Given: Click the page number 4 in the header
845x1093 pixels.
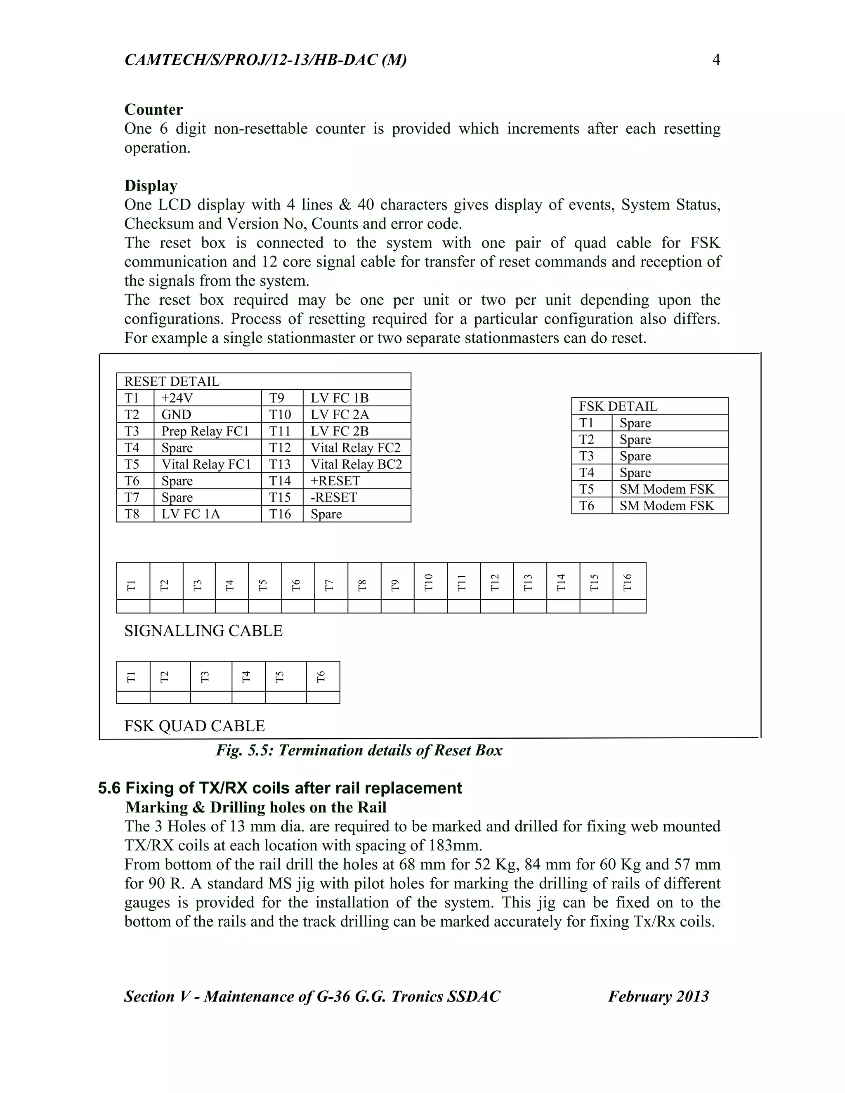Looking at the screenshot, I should [716, 60].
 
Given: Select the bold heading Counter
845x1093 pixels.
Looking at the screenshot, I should [153, 110].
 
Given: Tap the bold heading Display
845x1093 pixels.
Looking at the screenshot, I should [151, 186].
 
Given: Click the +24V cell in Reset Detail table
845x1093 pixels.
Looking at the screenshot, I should [177, 398].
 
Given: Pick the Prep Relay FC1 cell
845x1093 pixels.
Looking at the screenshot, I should [205, 431].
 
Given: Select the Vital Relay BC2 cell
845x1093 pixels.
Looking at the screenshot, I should [356, 464].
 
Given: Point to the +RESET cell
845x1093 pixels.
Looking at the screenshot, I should [335, 481].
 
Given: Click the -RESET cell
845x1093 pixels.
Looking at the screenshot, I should [333, 497].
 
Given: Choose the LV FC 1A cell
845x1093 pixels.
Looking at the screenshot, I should [190, 514].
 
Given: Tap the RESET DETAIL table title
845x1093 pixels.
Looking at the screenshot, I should [172, 382].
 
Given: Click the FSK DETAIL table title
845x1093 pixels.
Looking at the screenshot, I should [618, 406].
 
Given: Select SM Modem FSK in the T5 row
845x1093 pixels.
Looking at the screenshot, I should [666, 489].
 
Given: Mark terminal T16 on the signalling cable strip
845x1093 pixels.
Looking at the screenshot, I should [628, 582].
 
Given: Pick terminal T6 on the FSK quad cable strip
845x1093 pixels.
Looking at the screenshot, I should [322, 676].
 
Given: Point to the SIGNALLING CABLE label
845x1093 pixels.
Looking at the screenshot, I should [203, 631].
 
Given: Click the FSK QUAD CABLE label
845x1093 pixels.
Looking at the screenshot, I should [194, 726].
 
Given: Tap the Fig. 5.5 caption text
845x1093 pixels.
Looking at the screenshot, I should [359, 750].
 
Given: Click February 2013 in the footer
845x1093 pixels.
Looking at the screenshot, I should [658, 996].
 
